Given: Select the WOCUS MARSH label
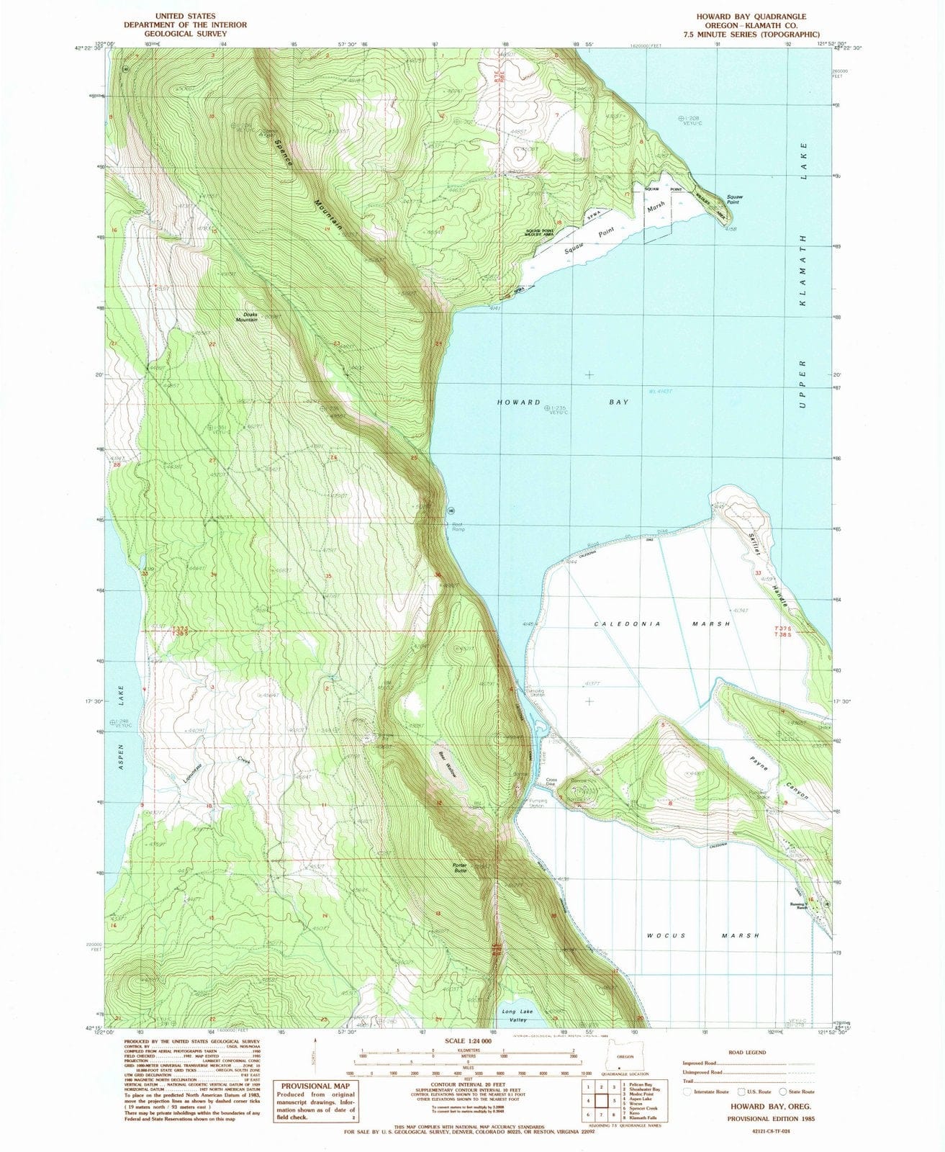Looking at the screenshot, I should pos(700,935).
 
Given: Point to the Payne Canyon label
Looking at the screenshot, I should pos(780,777).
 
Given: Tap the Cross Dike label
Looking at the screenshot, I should pos(552,783).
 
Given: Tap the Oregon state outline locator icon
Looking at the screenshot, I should pos(620,1066).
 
